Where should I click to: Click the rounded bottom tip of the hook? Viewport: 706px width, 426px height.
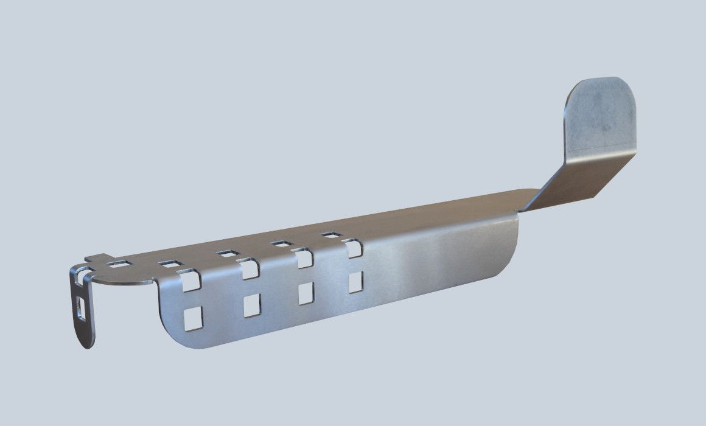pyautogui.click(x=88, y=341)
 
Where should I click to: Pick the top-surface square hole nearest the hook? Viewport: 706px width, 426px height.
pyautogui.click(x=120, y=264)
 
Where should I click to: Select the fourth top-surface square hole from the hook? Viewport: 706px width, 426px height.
pyautogui.click(x=281, y=243)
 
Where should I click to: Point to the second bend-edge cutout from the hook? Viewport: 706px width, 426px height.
pyautogui.click(x=248, y=268)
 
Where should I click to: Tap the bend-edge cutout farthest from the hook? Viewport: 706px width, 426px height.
pyautogui.click(x=353, y=248)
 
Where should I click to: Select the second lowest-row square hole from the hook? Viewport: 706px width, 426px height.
pyautogui.click(x=251, y=305)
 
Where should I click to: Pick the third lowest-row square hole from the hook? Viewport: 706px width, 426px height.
pyautogui.click(x=306, y=293)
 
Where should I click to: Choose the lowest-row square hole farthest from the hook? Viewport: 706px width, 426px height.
pyautogui.click(x=355, y=282)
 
